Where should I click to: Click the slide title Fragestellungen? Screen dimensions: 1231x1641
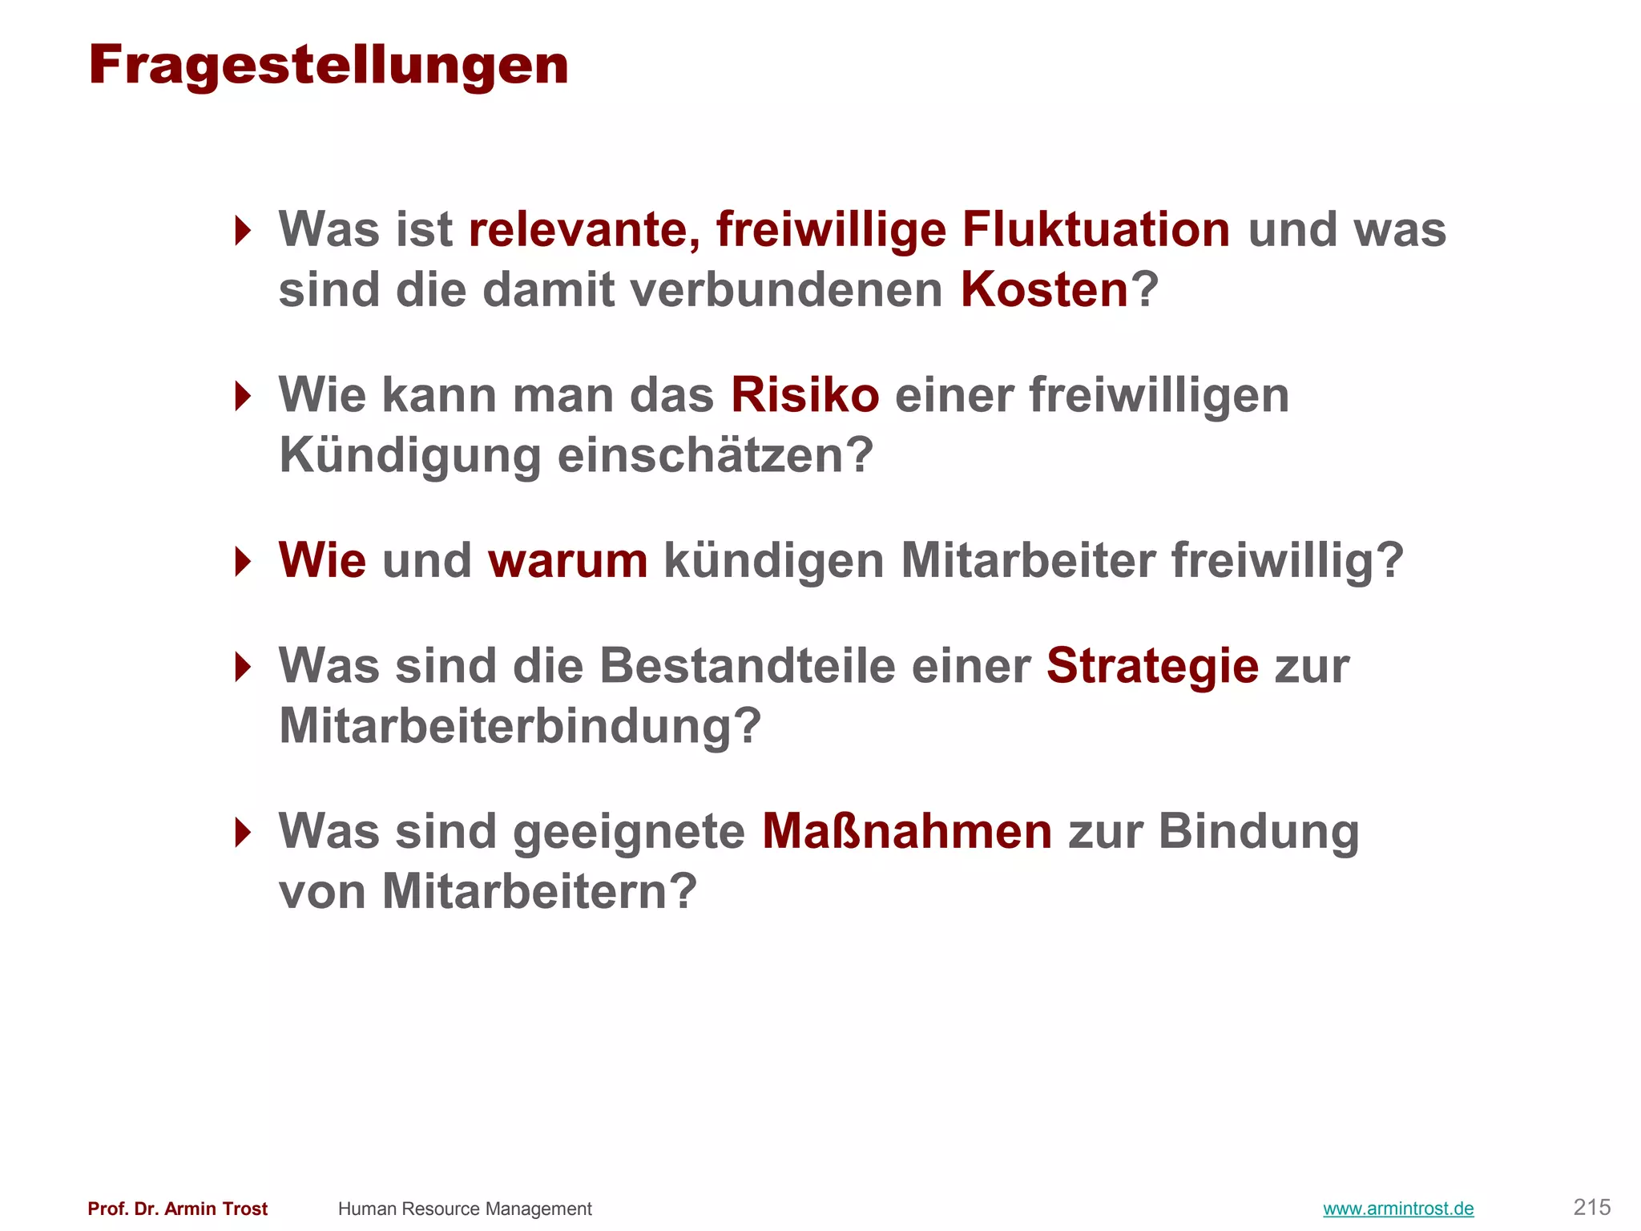329,66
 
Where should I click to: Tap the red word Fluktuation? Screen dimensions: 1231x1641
1095,230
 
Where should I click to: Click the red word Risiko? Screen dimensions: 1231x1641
804,395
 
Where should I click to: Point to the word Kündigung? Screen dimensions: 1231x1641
409,456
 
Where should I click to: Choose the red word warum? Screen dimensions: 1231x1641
567,560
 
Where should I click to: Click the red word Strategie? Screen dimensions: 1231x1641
1152,666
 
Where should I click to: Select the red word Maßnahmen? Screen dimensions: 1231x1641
906,831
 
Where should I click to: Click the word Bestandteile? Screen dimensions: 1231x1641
747,666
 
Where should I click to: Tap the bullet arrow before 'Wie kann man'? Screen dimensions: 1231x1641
242,396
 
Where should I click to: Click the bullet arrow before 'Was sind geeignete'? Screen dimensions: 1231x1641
242,832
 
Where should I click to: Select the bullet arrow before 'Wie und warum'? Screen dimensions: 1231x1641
242,561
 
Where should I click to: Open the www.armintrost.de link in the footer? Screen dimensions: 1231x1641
1398,1209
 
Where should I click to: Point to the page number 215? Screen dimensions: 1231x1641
1591,1207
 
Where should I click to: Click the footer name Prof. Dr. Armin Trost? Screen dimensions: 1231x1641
178,1209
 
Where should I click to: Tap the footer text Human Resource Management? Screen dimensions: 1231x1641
465,1209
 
